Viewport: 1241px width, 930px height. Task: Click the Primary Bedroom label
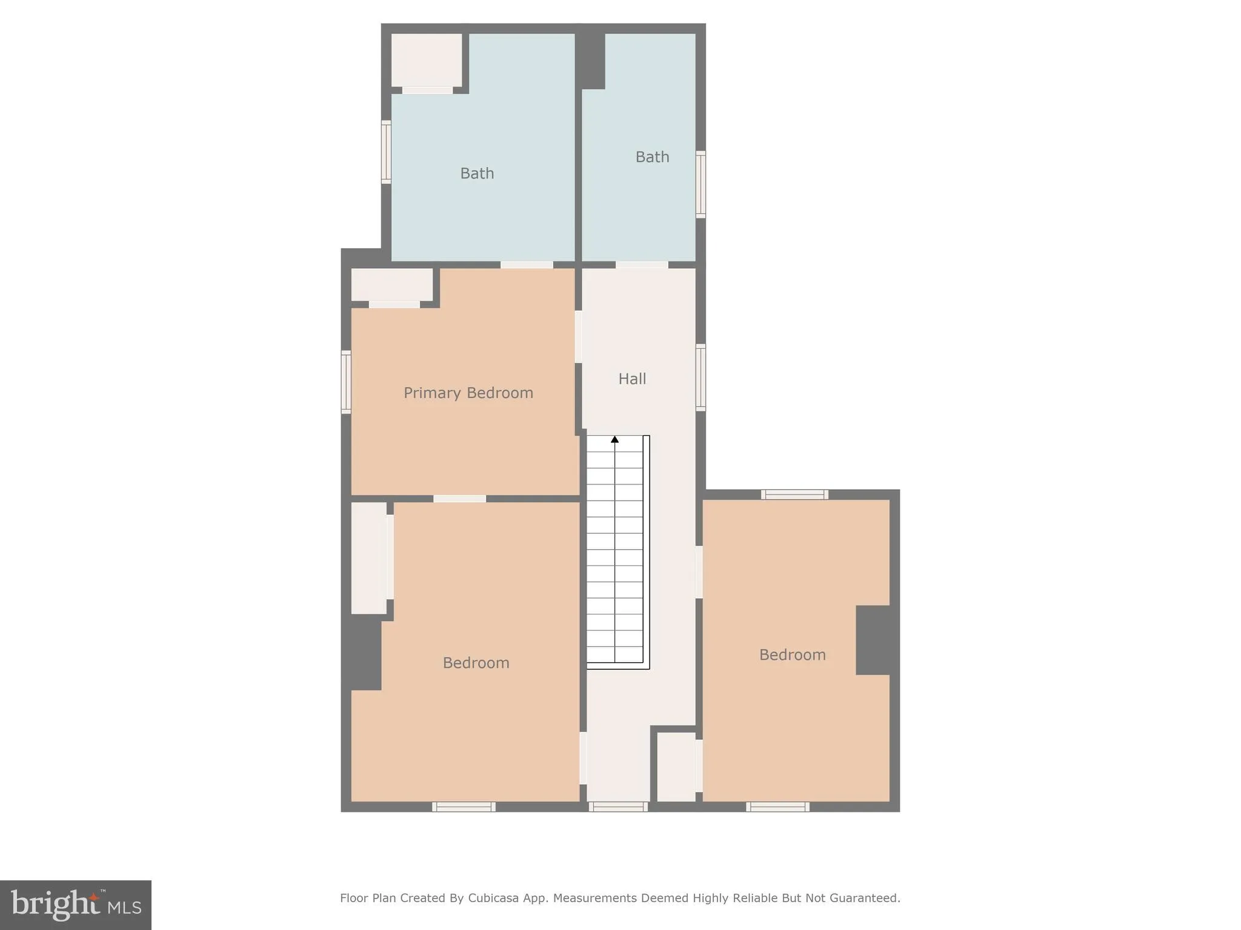[x=468, y=393]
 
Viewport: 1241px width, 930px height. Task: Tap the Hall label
[x=632, y=379]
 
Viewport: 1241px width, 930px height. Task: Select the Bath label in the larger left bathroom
[x=477, y=174]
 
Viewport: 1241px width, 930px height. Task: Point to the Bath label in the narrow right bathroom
[x=652, y=157]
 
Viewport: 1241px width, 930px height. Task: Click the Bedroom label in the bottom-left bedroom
[x=476, y=663]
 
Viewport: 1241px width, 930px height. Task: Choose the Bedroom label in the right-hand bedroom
[x=792, y=655]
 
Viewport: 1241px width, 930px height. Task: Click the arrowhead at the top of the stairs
[x=614, y=439]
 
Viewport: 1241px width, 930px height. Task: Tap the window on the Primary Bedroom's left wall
[x=346, y=382]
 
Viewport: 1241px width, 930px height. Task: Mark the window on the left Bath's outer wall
[x=386, y=151]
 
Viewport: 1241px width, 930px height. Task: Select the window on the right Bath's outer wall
[x=700, y=184]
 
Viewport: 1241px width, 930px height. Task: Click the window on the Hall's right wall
[x=700, y=377]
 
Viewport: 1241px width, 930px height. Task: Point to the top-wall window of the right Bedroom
[x=794, y=495]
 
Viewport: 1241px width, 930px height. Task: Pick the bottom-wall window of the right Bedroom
[x=777, y=806]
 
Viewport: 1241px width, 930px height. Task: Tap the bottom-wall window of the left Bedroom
[x=464, y=806]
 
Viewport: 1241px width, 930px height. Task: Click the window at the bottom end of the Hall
[x=618, y=806]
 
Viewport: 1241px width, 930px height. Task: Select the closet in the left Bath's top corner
[x=426, y=60]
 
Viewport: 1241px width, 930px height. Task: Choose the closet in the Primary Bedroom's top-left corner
[x=391, y=285]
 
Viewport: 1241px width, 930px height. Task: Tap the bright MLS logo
[x=76, y=905]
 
